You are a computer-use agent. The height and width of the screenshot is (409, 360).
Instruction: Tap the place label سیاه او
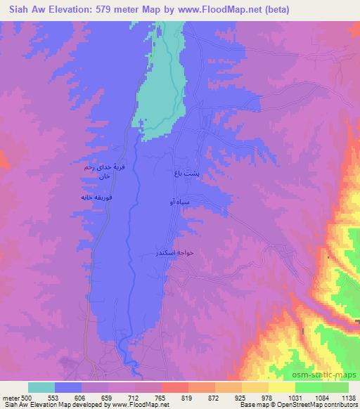[x=180, y=202]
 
